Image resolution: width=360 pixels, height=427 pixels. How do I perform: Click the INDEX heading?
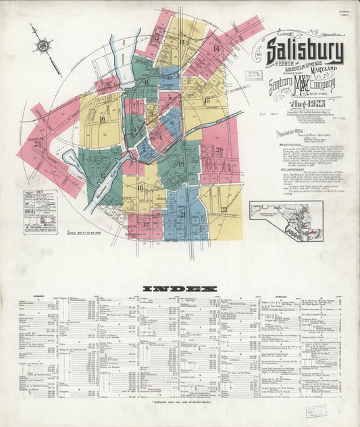click(180, 288)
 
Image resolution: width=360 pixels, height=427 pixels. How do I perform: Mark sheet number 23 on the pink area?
click(38, 143)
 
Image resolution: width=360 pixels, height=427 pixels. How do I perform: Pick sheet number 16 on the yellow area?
click(102, 119)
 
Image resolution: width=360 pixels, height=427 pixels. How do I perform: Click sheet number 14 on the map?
click(216, 49)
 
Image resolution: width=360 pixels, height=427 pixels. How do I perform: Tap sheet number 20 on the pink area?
click(219, 150)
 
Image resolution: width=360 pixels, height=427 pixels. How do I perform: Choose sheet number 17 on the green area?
click(103, 176)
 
